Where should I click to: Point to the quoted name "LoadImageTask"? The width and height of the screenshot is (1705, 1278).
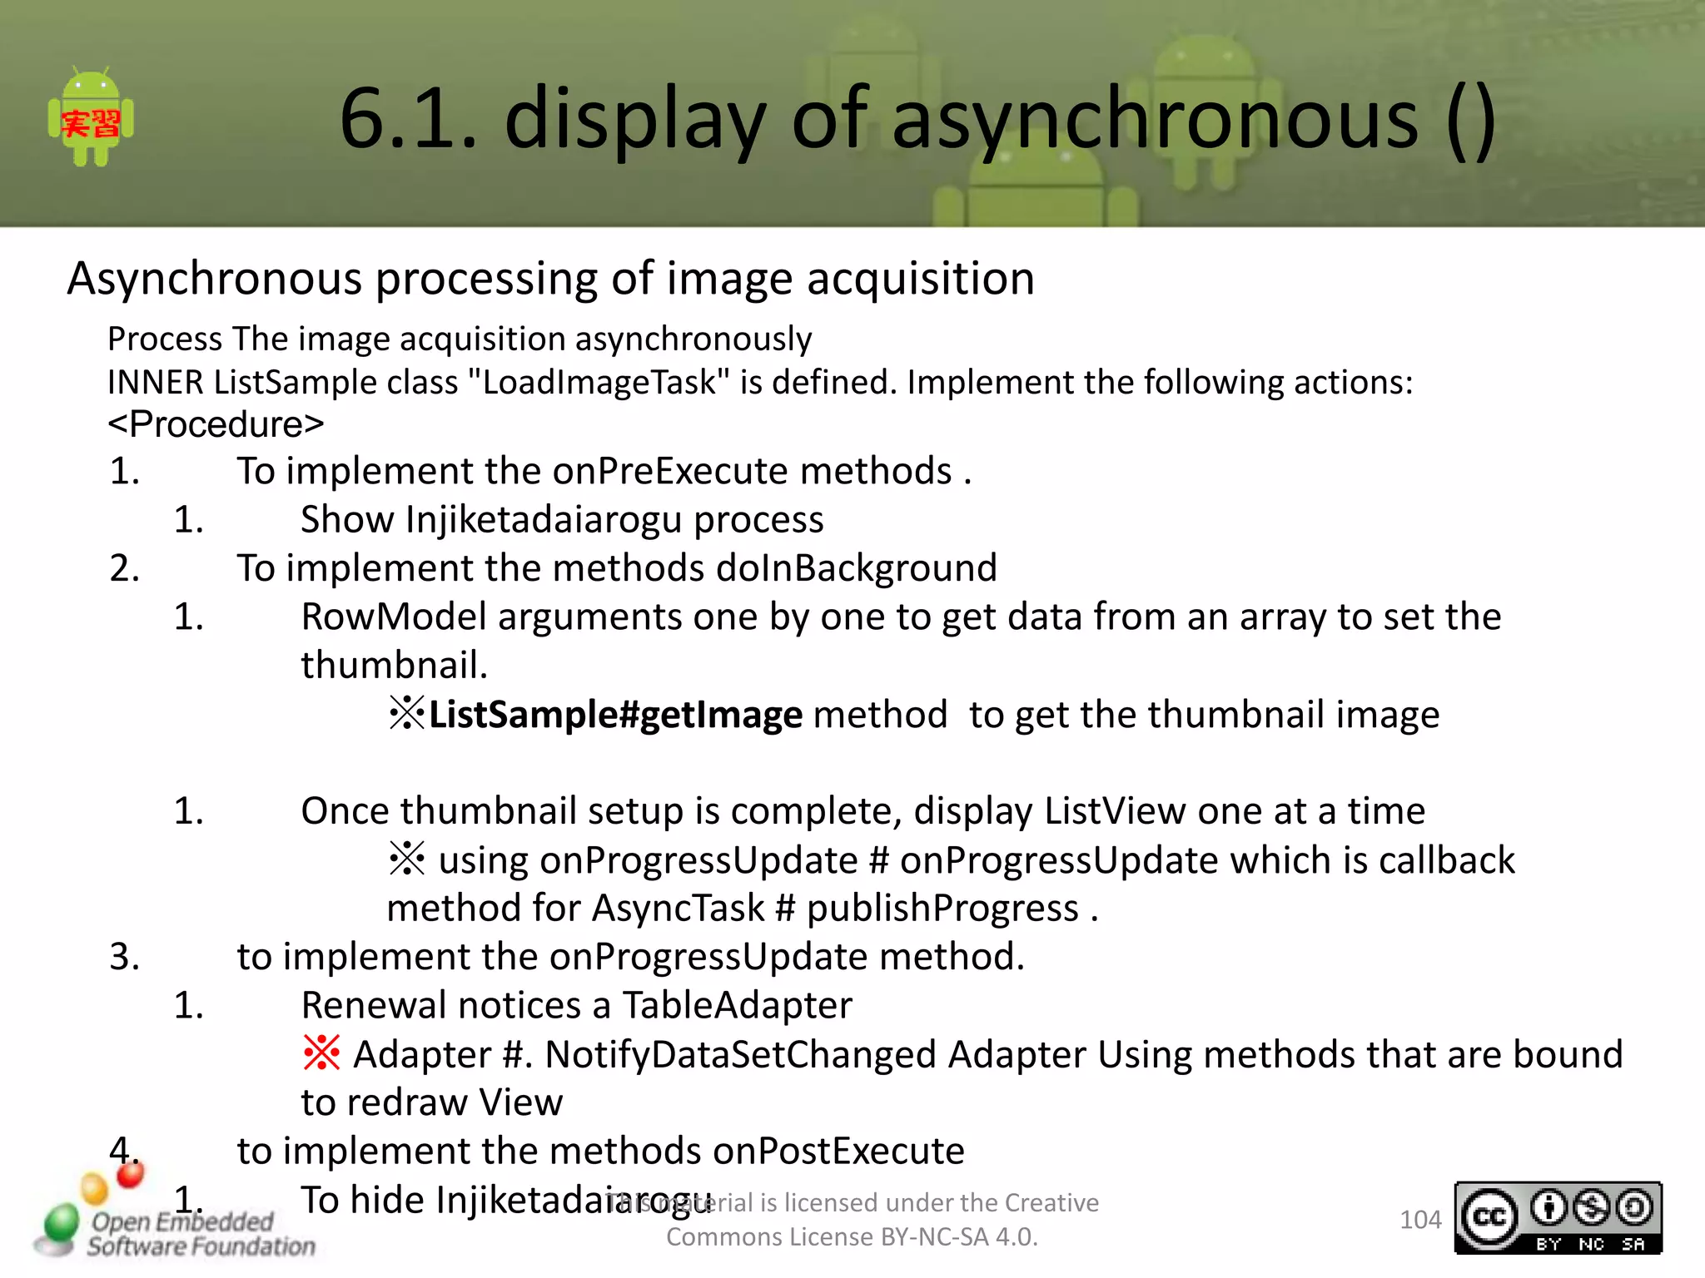click(x=599, y=383)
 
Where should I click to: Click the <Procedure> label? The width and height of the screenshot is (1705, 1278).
click(x=216, y=424)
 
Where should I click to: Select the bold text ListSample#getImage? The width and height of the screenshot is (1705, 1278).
click(x=615, y=715)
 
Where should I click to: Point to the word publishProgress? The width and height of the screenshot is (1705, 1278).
click(x=942, y=908)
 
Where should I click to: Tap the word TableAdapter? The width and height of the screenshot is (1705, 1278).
click(x=737, y=1005)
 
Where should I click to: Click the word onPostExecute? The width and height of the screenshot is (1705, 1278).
click(x=838, y=1152)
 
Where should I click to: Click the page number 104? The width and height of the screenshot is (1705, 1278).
click(x=1419, y=1220)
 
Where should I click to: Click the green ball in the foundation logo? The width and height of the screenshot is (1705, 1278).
click(x=62, y=1223)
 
